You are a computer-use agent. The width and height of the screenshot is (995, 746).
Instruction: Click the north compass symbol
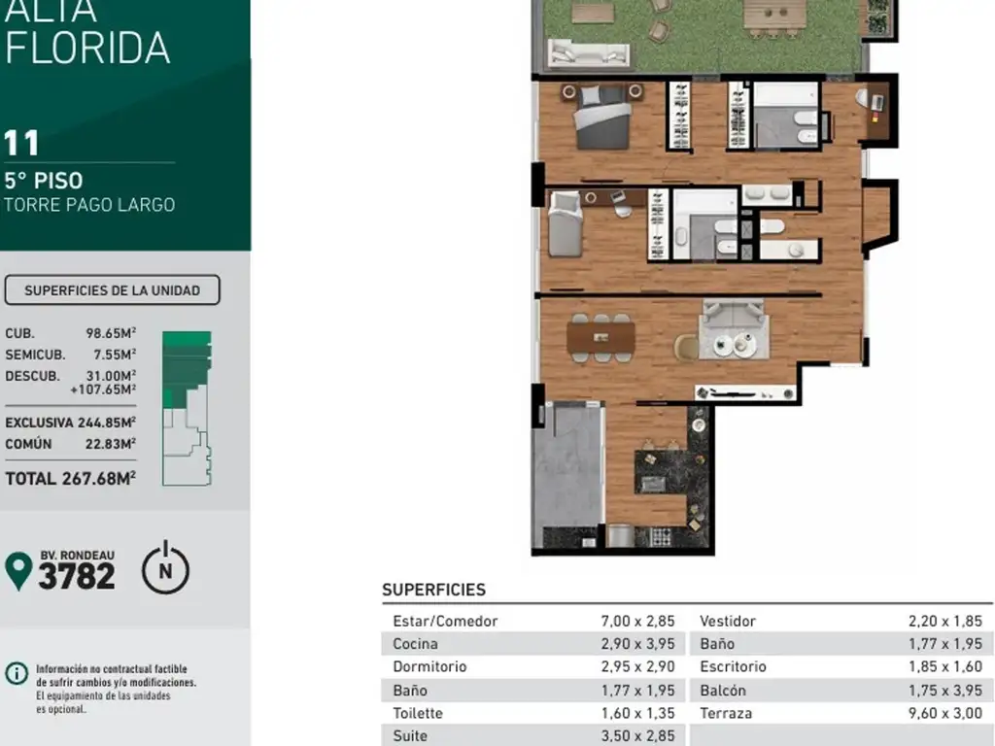pyautogui.click(x=165, y=568)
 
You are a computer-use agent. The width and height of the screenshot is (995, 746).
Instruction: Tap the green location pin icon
pyautogui.click(x=18, y=570)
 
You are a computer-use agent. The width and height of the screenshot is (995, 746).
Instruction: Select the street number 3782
pyautogui.click(x=77, y=577)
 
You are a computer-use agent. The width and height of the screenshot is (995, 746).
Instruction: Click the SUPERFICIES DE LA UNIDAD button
pyautogui.click(x=113, y=289)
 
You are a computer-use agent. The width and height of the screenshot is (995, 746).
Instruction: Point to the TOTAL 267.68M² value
pyautogui.click(x=70, y=478)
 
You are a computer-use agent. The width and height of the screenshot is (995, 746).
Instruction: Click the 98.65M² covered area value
pyautogui.click(x=111, y=333)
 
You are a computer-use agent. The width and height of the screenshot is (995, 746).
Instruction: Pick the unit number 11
pyautogui.click(x=21, y=143)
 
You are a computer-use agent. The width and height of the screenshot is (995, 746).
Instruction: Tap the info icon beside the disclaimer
pyautogui.click(x=17, y=673)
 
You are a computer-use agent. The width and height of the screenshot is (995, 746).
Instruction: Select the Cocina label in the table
pyautogui.click(x=415, y=643)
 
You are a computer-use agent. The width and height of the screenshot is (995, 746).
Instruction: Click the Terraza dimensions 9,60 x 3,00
pyautogui.click(x=944, y=713)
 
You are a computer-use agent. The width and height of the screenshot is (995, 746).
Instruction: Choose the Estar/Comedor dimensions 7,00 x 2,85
pyautogui.click(x=637, y=621)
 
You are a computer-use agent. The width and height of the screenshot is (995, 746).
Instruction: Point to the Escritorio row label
pyautogui.click(x=733, y=666)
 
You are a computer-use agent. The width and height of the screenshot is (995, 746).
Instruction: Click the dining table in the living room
pyautogui.click(x=600, y=337)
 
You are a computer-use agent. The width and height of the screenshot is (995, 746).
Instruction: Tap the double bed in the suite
pyautogui.click(x=602, y=117)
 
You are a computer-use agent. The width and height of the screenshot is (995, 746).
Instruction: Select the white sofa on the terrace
pyautogui.click(x=588, y=52)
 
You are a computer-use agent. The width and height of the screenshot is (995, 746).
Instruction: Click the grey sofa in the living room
pyautogui.click(x=734, y=329)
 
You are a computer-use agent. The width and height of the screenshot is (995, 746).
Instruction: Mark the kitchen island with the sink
pyautogui.click(x=660, y=473)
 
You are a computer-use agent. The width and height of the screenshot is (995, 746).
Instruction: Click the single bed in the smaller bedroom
pyautogui.click(x=565, y=224)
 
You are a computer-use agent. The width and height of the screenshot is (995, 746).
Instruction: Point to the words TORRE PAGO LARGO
pyautogui.click(x=89, y=205)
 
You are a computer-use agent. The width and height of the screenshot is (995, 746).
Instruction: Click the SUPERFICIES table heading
pyautogui.click(x=433, y=590)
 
